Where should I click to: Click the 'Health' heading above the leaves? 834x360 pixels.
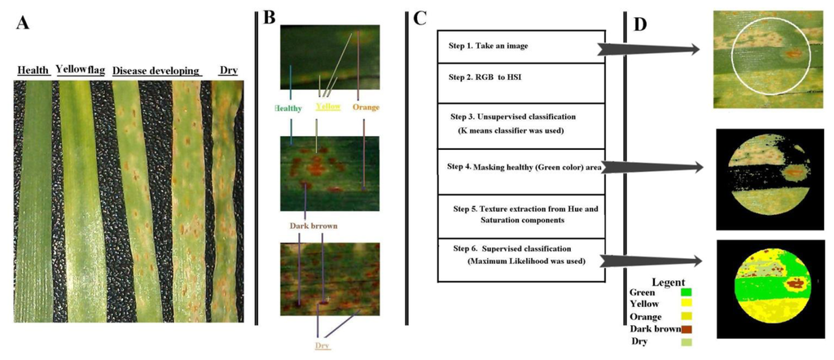coord(33,71)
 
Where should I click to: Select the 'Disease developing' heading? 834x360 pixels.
coord(156,71)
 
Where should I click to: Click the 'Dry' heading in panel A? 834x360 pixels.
coord(229,71)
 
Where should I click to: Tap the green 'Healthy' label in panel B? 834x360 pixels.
coord(288,108)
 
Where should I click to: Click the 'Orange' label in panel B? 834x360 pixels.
coord(366,107)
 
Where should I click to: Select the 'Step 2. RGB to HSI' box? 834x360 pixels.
coord(520,82)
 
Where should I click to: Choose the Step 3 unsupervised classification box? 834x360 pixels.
coord(520,125)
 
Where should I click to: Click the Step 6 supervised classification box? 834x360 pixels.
coord(520,259)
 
